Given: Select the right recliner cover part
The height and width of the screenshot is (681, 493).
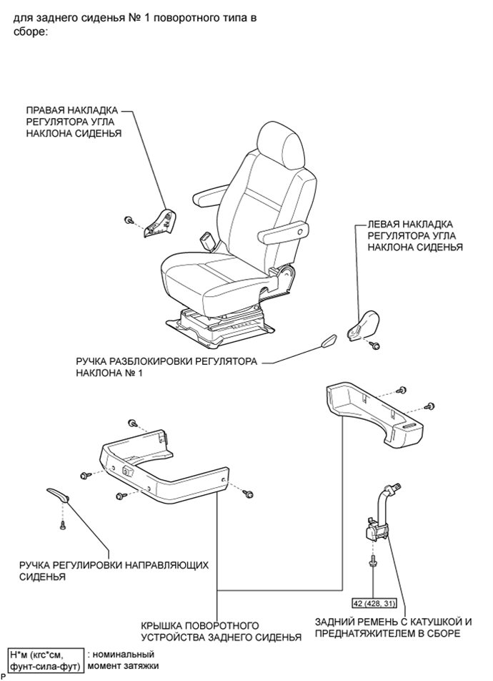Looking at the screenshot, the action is pyautogui.click(x=159, y=222).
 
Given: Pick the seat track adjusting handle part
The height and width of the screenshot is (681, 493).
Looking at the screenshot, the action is pyautogui.click(x=58, y=494).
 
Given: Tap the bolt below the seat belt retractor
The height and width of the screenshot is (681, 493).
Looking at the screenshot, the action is pyautogui.click(x=373, y=562).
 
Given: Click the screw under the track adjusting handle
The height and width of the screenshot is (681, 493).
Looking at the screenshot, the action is pyautogui.click(x=62, y=525).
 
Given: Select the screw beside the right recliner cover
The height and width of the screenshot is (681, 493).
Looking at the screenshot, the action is pyautogui.click(x=128, y=220).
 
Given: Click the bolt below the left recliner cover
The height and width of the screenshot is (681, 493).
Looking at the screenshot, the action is pyautogui.click(x=376, y=346).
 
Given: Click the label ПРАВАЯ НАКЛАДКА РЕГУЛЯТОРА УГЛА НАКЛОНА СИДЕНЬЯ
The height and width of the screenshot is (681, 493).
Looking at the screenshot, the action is pyautogui.click(x=74, y=122).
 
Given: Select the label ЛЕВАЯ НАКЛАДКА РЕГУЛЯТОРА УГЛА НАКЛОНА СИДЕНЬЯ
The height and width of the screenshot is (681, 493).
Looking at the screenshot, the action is pyautogui.click(x=415, y=235).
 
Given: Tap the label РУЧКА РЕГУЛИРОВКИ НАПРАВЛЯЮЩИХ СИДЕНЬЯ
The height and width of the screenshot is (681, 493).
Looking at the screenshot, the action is pyautogui.click(x=114, y=571).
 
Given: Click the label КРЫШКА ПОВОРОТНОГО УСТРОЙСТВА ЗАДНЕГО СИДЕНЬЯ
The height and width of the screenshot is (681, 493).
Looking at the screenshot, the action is pyautogui.click(x=221, y=632).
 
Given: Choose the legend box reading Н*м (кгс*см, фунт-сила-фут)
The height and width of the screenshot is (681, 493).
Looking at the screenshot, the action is pyautogui.click(x=46, y=660).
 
